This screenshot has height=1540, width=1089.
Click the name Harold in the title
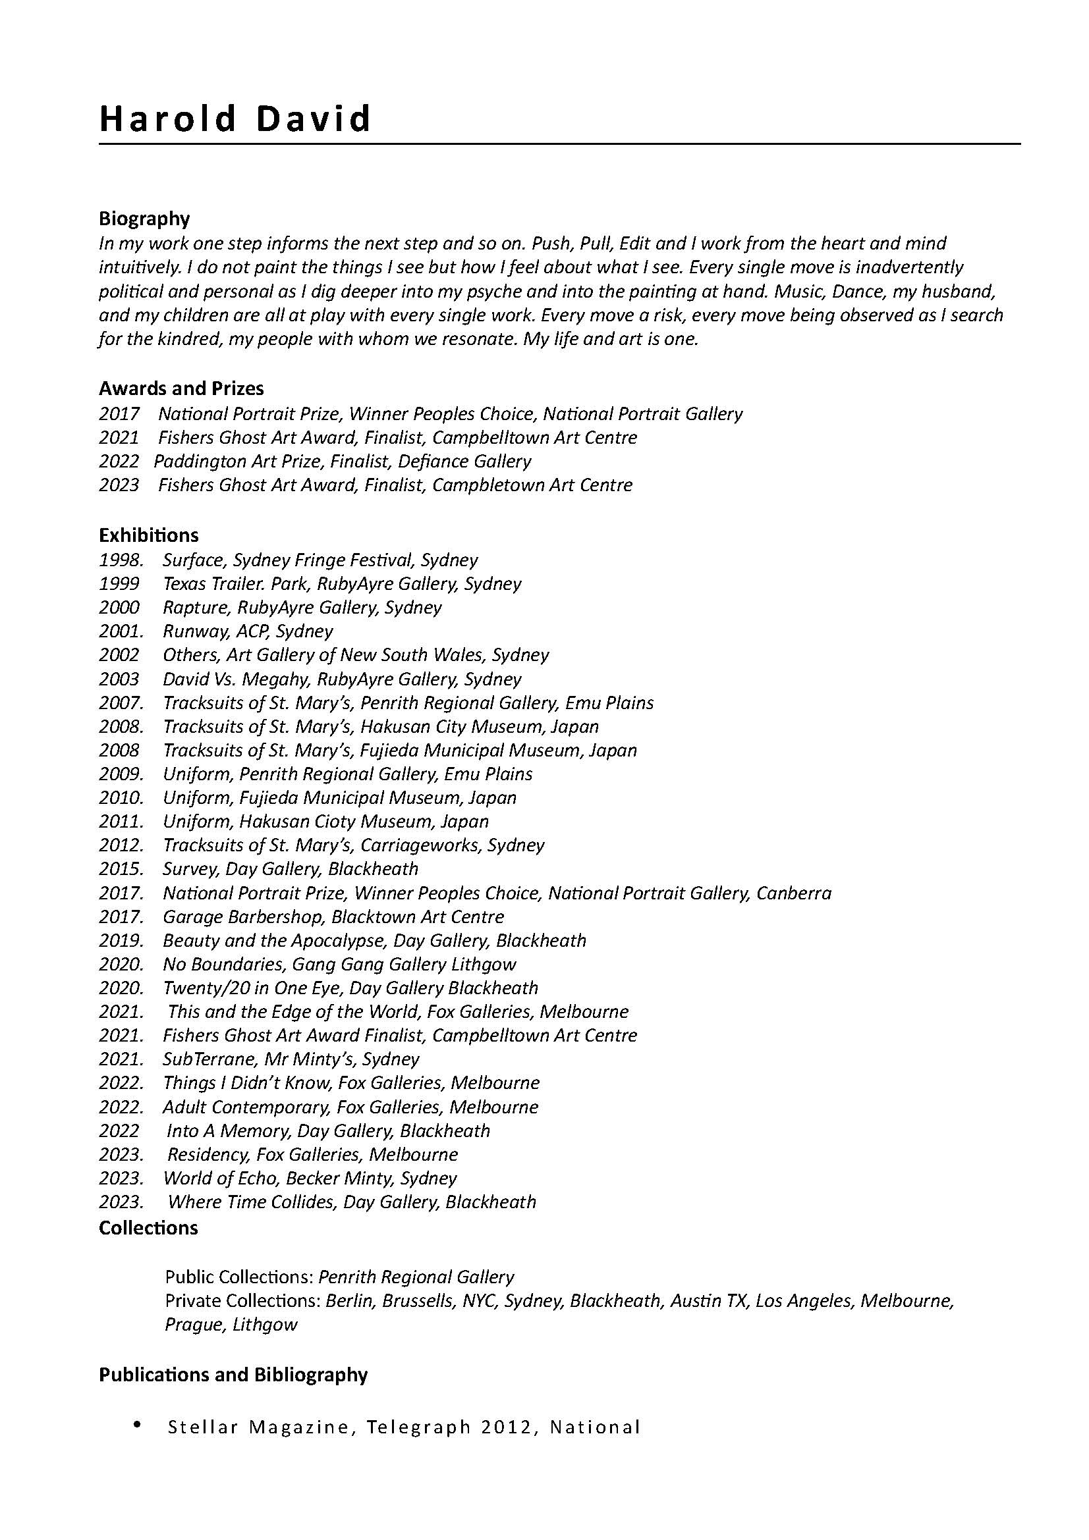pyautogui.click(x=168, y=119)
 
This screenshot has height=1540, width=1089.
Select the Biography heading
pyautogui.click(x=144, y=219)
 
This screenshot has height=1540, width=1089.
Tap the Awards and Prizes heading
pyautogui.click(x=181, y=388)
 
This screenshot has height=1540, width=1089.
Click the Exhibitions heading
pyautogui.click(x=148, y=535)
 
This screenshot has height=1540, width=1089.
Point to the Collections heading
pyautogui.click(x=148, y=1228)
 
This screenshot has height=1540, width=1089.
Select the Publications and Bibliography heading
pyautogui.click(x=233, y=1375)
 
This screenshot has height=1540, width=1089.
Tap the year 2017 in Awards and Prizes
pyautogui.click(x=119, y=414)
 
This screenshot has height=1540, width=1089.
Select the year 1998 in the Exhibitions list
pyautogui.click(x=120, y=560)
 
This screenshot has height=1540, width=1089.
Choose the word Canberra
pyautogui.click(x=794, y=893)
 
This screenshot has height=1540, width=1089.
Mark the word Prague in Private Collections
pyautogui.click(x=193, y=1325)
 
